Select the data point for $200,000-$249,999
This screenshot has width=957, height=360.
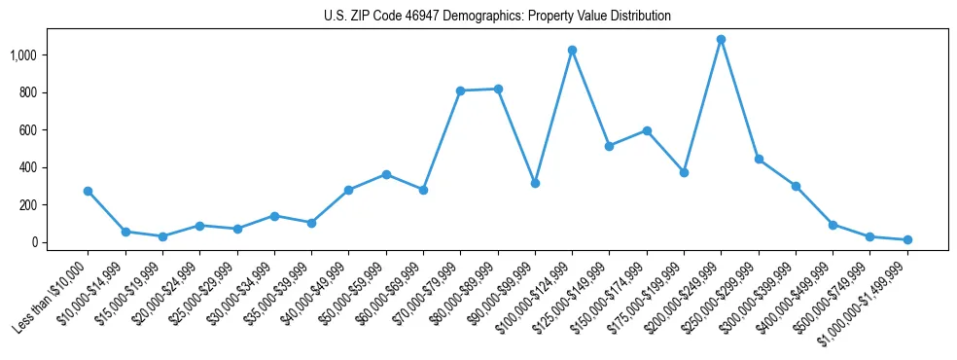tap(721, 40)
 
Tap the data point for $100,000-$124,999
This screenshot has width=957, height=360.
tap(572, 50)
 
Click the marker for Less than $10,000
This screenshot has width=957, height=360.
tap(88, 191)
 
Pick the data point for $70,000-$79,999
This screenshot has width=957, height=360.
tap(460, 90)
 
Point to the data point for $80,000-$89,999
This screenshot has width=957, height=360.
tap(498, 89)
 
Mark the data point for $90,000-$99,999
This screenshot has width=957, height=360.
tap(535, 183)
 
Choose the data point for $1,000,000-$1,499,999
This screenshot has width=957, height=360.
tap(907, 239)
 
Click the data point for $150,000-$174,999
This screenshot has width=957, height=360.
tap(647, 130)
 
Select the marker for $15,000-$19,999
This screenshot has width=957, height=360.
tap(162, 236)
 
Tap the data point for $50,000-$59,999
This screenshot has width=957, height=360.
tap(386, 174)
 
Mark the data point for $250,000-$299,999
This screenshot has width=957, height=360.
tap(759, 159)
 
